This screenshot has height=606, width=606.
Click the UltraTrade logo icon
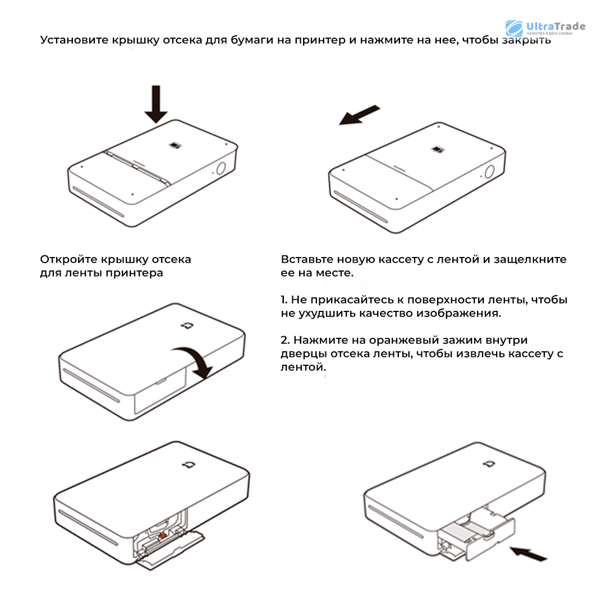point(514,29)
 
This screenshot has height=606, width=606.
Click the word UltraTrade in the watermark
point(555,26)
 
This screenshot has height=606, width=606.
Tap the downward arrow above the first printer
point(156,104)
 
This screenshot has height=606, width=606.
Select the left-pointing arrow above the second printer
point(360,115)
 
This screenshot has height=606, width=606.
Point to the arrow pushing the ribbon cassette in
point(529,553)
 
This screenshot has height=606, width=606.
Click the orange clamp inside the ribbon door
point(162,535)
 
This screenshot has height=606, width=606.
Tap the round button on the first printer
point(221,169)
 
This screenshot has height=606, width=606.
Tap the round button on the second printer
point(489,172)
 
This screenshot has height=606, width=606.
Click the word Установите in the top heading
point(74,40)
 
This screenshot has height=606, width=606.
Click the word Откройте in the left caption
point(68,259)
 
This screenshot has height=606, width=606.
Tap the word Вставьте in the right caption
point(307,259)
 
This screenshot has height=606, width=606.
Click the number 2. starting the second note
point(285,340)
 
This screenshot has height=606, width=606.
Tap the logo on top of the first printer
point(175,145)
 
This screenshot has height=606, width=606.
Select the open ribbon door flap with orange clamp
point(170,549)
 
